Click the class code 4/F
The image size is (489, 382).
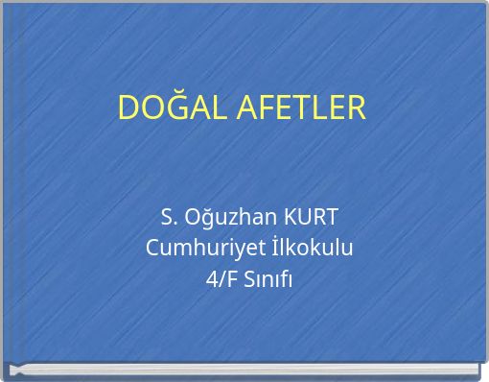[220, 279]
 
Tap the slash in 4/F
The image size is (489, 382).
[220, 279]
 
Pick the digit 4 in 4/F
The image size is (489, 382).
[211, 279]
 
